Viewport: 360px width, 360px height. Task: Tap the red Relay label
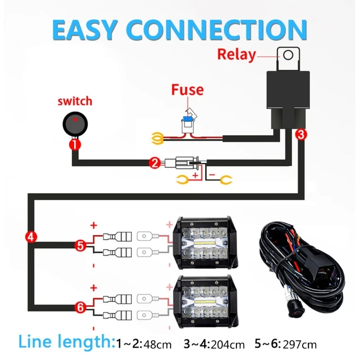pyautogui.click(x=236, y=54)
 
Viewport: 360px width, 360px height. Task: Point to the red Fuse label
pyautogui.click(x=187, y=90)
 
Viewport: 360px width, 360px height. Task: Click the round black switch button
pyautogui.click(x=74, y=124)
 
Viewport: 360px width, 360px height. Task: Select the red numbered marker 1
pyautogui.click(x=74, y=145)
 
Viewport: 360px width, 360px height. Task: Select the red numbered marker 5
pyautogui.click(x=80, y=246)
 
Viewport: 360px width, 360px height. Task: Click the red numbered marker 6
pyautogui.click(x=80, y=308)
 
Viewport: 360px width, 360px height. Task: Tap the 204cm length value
pyautogui.click(x=229, y=345)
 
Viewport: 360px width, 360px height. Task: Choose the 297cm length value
pyautogui.click(x=301, y=345)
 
